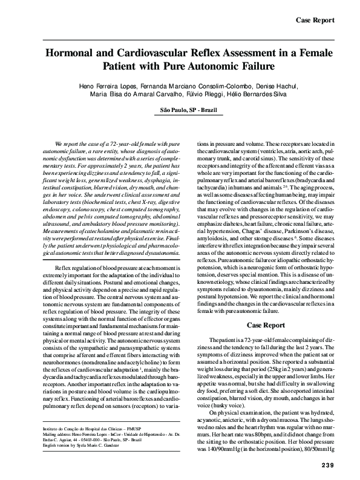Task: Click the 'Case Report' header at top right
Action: click(x=315, y=21)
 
